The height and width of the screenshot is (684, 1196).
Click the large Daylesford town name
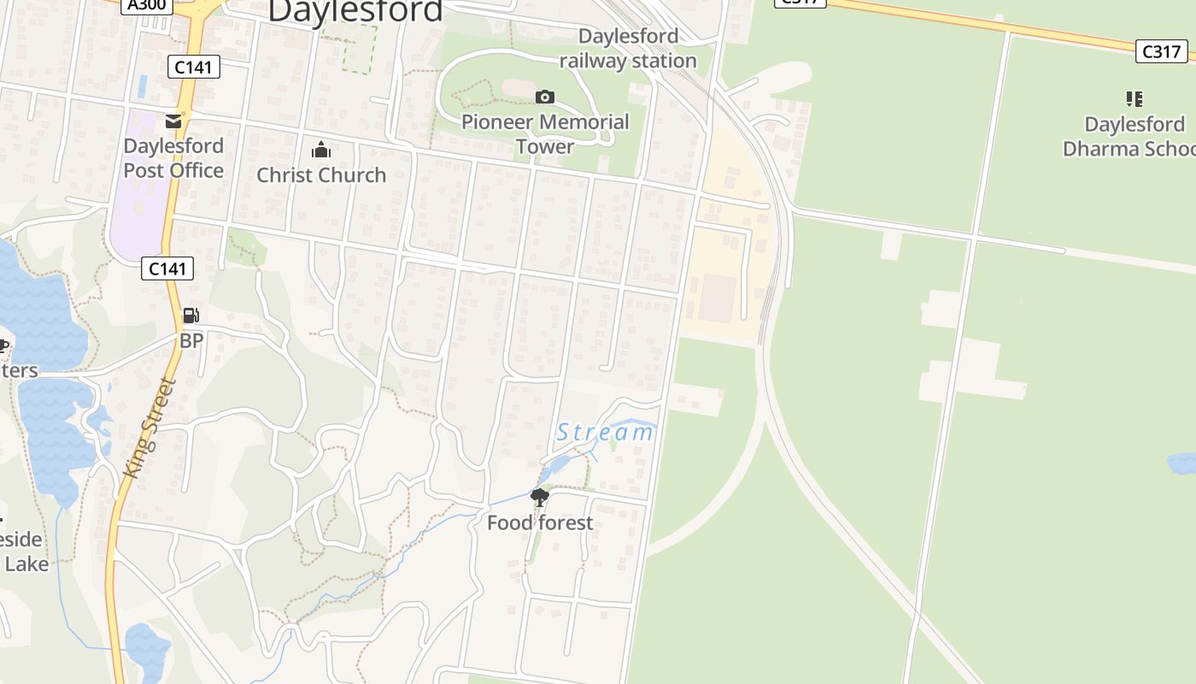tap(355, 11)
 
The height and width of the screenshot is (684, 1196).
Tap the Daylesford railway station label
tap(628, 49)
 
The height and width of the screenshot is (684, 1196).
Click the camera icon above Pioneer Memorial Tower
tap(544, 97)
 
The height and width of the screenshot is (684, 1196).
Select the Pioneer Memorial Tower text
tap(545, 134)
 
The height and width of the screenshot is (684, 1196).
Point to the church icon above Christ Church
tap(321, 150)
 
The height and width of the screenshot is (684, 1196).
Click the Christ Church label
tap(321, 175)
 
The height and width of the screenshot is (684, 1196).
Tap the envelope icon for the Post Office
tap(173, 121)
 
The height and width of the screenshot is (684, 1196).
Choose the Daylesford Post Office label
tap(173, 158)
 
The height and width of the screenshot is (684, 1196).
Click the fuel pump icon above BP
tap(191, 316)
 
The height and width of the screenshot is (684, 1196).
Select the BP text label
tap(191, 341)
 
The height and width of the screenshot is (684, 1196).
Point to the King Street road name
tap(149, 427)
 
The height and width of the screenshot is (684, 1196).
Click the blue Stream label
tap(605, 433)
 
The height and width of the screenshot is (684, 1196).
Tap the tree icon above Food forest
tap(539, 497)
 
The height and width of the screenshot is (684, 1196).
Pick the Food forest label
tap(540, 522)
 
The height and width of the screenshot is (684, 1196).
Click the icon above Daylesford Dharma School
tap(1134, 99)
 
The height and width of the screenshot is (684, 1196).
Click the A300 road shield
tap(146, 5)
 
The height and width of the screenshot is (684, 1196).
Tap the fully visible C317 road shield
tap(1162, 51)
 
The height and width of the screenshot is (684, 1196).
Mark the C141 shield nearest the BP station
tap(167, 268)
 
